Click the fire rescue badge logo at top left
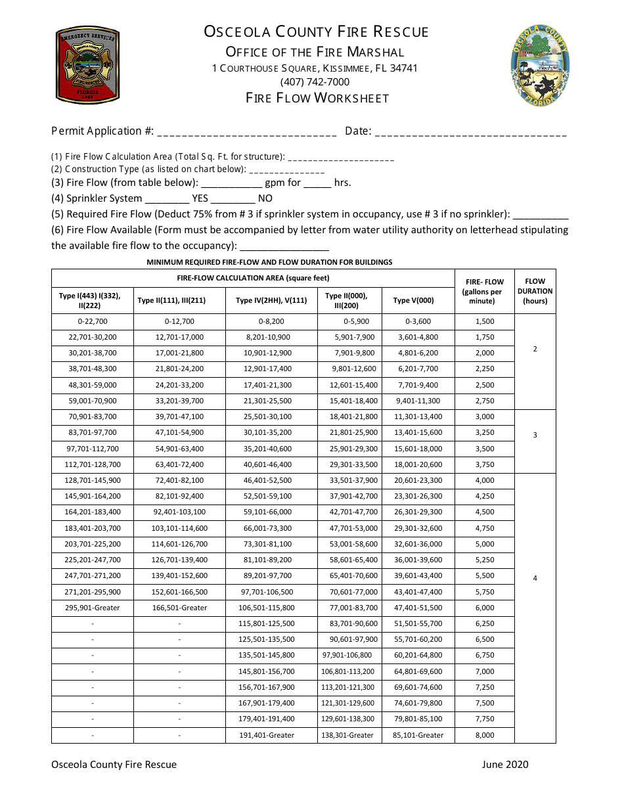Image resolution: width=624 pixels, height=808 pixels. pos(87,66)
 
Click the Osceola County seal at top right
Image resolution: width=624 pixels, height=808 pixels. pos(540,66)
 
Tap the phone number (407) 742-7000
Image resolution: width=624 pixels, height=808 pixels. pos(315,82)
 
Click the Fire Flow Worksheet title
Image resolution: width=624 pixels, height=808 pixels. pos(317,98)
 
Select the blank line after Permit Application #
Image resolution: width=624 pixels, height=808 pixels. pos(247,132)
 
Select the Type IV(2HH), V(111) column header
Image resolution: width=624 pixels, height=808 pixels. pos(271,300)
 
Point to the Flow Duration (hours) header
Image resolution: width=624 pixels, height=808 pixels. pos(535,291)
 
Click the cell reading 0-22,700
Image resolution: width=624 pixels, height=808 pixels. pos(93,321)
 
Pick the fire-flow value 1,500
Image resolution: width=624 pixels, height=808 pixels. pos(484,321)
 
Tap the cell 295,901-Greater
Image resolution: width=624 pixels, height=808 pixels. pos(93,608)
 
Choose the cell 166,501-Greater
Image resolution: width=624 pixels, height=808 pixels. pos(179,608)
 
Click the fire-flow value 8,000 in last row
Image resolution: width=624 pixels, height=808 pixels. pos(484,735)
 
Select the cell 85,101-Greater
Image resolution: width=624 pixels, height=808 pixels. pos(418,735)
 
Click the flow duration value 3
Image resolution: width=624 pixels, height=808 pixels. pos(535,435)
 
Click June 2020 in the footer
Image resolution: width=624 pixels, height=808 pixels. pos(504,764)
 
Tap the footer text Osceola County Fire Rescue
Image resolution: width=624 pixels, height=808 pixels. pos(114,764)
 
